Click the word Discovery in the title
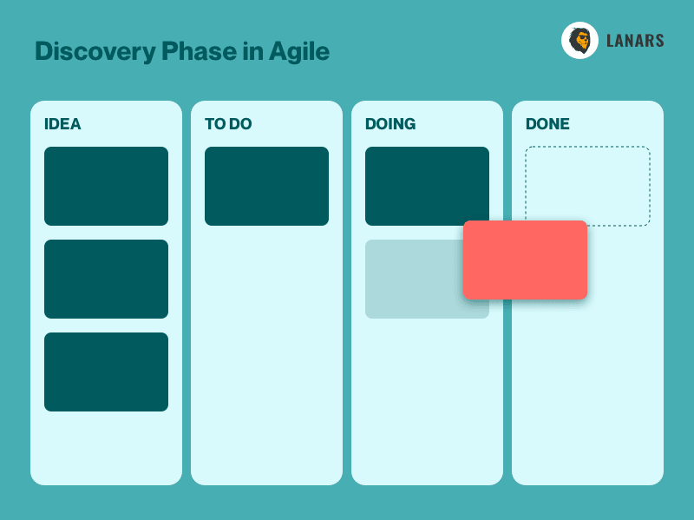[95, 52]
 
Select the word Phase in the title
[200, 51]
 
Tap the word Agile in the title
[299, 52]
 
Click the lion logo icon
[579, 40]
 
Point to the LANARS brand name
[635, 41]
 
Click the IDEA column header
[62, 124]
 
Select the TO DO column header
[228, 124]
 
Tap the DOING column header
[390, 124]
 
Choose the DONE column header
[547, 124]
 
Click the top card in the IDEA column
[106, 186]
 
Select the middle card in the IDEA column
[106, 279]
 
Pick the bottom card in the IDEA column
[106, 372]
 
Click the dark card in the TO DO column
[266, 186]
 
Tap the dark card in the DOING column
[427, 184]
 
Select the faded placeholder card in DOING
[414, 279]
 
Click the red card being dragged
[526, 260]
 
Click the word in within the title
[253, 51]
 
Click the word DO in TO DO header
[240, 124]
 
